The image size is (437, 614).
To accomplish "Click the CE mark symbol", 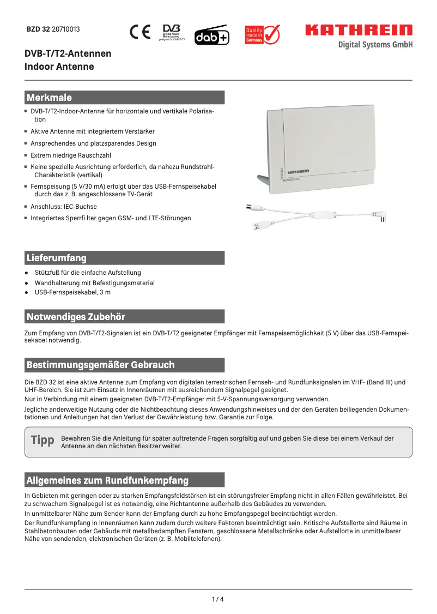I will point(140,33).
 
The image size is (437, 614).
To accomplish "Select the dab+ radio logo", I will point(211,35).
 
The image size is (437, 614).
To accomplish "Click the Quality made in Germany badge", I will point(262,34).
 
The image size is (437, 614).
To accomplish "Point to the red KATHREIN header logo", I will point(359,30).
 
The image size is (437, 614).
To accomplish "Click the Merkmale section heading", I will point(50,98).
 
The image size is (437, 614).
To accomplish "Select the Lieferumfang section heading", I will point(57,257).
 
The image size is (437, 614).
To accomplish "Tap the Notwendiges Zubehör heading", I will point(76,316).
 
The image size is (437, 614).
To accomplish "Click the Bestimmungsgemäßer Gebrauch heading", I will point(101,364).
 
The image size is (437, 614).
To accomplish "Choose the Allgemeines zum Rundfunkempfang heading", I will point(108,480).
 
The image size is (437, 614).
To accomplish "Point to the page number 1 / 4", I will point(218,599).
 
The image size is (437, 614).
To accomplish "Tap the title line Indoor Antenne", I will point(59,67).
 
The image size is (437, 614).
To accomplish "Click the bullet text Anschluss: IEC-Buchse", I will point(64,207).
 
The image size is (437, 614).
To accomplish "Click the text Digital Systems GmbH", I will point(375,45).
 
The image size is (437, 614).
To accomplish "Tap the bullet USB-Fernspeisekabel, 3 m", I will point(72,293).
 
